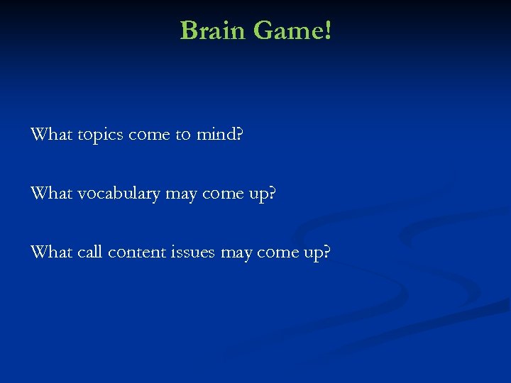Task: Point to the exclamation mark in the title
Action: [x=327, y=30]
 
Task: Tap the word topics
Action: [x=100, y=135]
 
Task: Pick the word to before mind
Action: [x=182, y=134]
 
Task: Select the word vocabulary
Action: [x=118, y=193]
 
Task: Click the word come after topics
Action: [x=150, y=134]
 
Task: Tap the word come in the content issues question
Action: [x=276, y=252]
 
